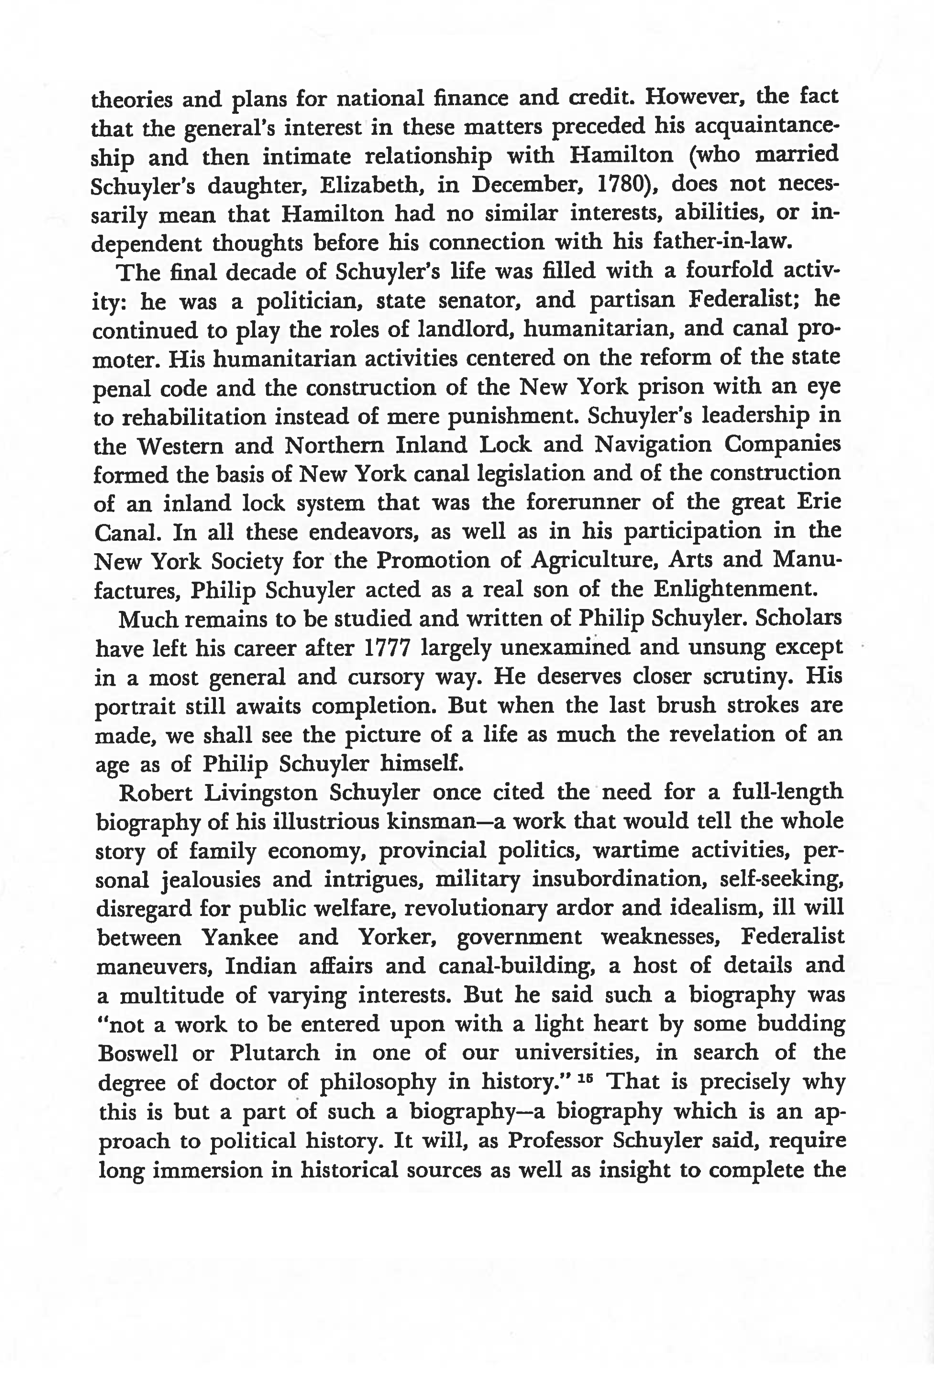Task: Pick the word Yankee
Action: click(x=240, y=938)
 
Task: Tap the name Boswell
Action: click(x=138, y=1054)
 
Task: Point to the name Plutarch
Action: click(x=275, y=1054)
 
